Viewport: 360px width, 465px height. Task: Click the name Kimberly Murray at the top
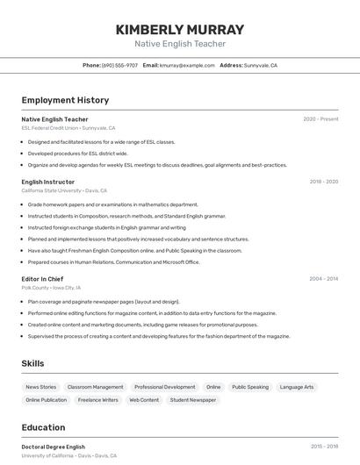tap(180, 29)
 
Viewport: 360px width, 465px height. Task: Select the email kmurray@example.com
tap(186, 65)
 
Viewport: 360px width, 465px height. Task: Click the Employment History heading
tap(65, 100)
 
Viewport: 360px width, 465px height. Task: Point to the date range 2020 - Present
tap(320, 119)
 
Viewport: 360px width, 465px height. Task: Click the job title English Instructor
tap(47, 182)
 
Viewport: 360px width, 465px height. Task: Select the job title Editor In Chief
tap(42, 279)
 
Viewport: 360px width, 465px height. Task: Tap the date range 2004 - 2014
tap(323, 279)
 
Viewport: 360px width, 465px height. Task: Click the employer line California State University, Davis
tap(64, 190)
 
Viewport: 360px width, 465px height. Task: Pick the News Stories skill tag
tap(41, 387)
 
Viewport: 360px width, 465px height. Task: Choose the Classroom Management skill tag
tap(96, 387)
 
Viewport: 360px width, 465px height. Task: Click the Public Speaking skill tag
tap(250, 387)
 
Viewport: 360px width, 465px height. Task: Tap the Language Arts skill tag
tap(297, 387)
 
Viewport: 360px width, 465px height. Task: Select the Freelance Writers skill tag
tap(97, 400)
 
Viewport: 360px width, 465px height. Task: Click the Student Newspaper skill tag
tap(192, 400)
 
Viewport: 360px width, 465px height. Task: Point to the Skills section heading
tap(32, 363)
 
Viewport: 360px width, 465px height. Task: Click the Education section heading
tap(43, 427)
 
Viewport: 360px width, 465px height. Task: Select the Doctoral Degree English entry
tap(54, 447)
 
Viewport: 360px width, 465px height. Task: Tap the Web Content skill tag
tap(144, 400)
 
